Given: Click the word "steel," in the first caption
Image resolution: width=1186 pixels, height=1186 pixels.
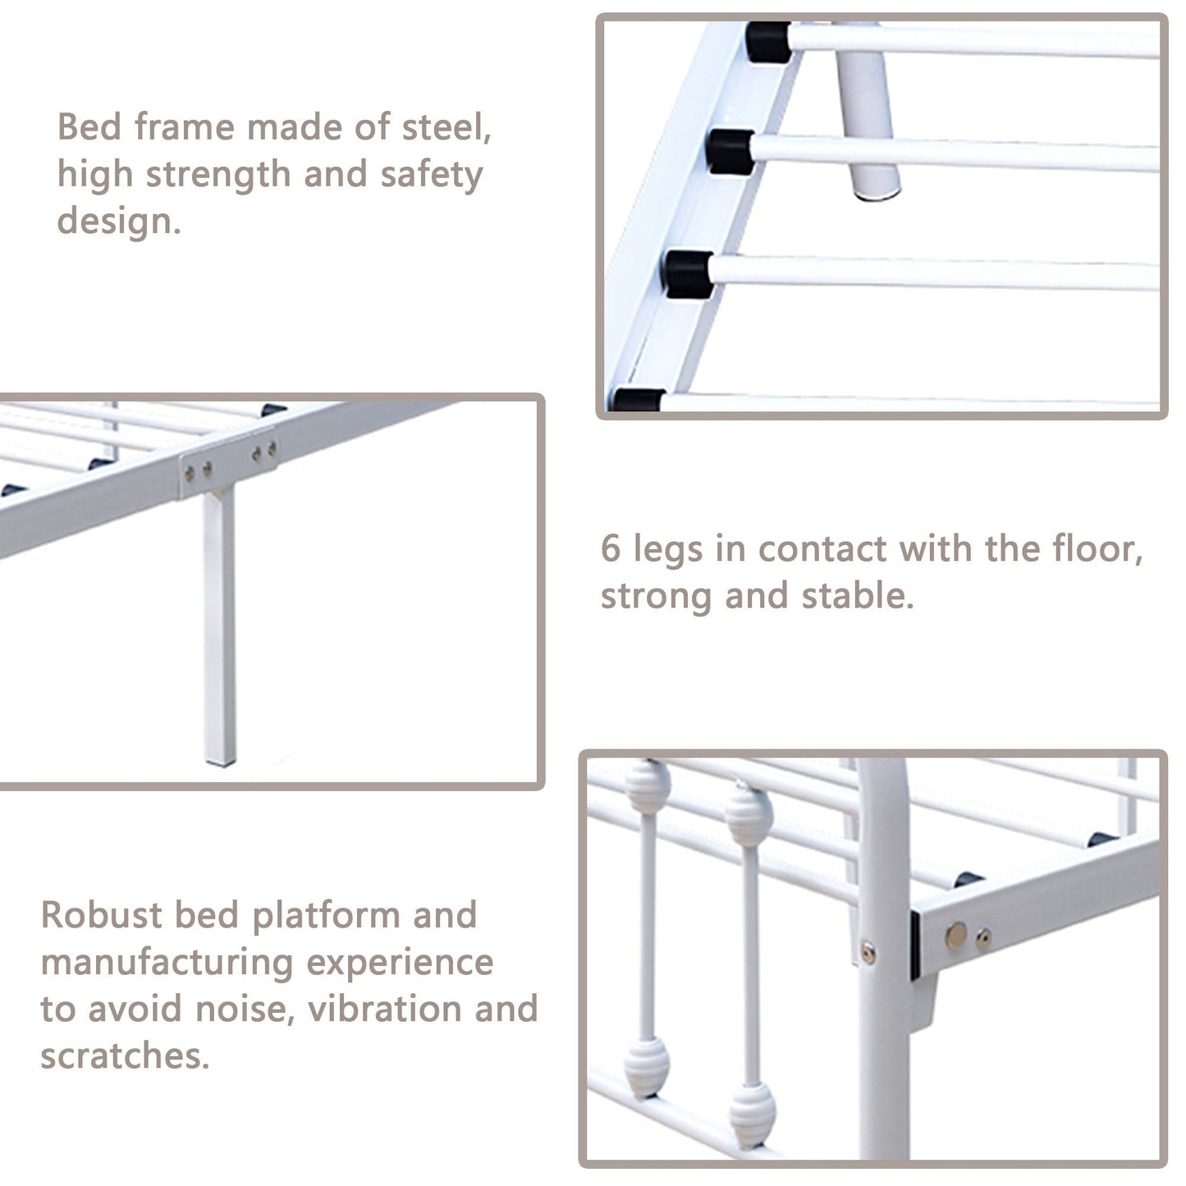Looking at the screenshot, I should pyautogui.click(x=446, y=128).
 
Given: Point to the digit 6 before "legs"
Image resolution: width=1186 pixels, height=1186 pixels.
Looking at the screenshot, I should pyautogui.click(x=611, y=549).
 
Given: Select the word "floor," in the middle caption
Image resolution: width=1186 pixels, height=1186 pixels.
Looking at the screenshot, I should pyautogui.click(x=1097, y=549).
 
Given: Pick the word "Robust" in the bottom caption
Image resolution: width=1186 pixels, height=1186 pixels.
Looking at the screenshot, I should pyautogui.click(x=101, y=915).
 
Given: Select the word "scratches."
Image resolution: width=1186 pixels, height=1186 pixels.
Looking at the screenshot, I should pyautogui.click(x=125, y=1056).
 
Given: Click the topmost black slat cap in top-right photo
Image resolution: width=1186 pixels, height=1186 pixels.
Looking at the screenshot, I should pyautogui.click(x=768, y=42).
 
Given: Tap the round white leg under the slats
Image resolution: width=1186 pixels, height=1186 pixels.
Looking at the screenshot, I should pyautogui.click(x=868, y=123).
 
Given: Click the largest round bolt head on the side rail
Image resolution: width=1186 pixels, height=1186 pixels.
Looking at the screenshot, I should pyautogui.click(x=956, y=935).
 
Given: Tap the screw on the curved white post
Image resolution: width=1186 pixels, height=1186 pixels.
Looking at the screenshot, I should pyautogui.click(x=868, y=952).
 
